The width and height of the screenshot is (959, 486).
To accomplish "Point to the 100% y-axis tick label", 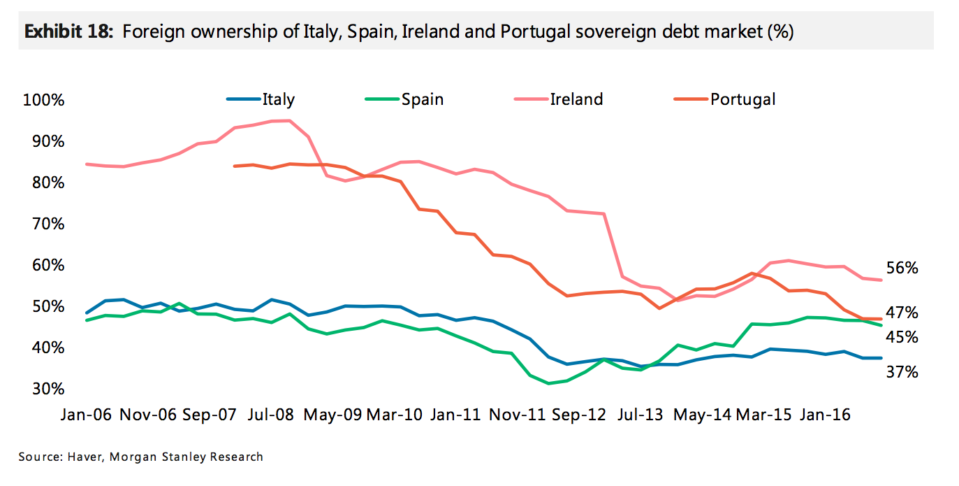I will click(44, 100).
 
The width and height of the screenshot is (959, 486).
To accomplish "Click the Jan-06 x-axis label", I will click(86, 414).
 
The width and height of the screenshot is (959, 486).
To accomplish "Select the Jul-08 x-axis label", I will click(269, 414).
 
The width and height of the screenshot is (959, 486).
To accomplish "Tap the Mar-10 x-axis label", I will click(394, 414).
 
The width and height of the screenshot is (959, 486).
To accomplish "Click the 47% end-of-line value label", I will click(902, 312).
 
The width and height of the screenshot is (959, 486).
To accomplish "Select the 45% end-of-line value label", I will click(902, 338).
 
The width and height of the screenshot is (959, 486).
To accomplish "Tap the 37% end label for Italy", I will click(902, 372).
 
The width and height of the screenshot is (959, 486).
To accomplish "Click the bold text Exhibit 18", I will click(68, 32).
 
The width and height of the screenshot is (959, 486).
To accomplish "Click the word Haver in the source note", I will click(84, 457).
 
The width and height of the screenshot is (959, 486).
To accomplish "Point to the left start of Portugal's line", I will click(234, 166).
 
